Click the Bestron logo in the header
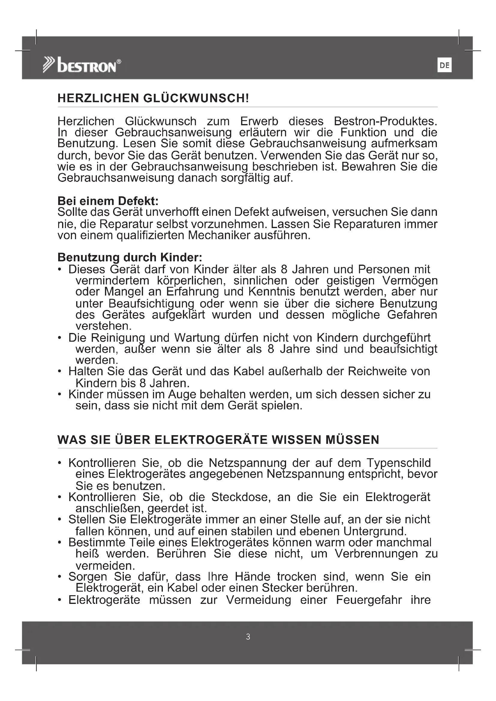[x=82, y=65]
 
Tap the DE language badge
[x=444, y=65]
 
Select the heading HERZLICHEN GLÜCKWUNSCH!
[x=153, y=98]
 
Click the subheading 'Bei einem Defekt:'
[x=108, y=201]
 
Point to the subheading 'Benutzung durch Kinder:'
[x=130, y=257]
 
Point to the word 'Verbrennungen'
[x=376, y=554]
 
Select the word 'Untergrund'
[x=375, y=531]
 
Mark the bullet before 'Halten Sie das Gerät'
[x=60, y=372]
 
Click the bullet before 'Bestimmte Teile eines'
[x=60, y=543]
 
